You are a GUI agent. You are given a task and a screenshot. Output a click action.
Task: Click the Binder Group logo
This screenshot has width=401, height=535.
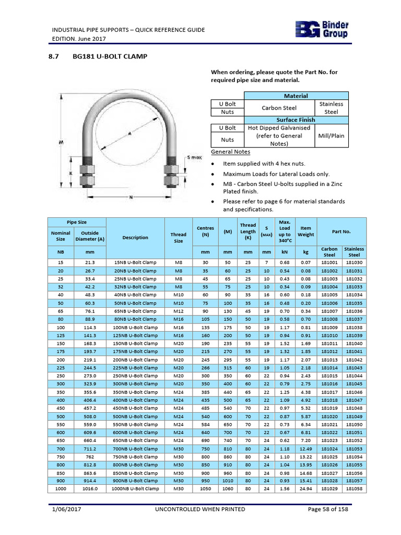coord(322,30)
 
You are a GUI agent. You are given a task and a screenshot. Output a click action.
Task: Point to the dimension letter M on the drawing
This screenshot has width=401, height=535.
coord(62,142)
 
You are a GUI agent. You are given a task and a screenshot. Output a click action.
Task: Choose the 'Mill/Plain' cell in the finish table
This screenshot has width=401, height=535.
coord(331,135)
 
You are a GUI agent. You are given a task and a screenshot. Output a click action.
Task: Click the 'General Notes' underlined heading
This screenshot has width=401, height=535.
coord(230,152)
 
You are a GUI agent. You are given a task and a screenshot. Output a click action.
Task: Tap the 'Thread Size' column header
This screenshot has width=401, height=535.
coord(178,238)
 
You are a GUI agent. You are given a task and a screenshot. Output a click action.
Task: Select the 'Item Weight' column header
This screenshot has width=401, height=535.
coord(305,231)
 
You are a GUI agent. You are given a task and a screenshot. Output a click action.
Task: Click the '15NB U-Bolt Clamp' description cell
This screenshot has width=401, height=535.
coord(135,262)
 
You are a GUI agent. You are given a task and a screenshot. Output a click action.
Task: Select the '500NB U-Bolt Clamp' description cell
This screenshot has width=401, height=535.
coord(135,416)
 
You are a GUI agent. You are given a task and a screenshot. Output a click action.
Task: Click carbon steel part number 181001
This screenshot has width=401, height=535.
coord(329,262)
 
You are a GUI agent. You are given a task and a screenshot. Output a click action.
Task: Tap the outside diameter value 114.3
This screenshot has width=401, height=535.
coord(90,327)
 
